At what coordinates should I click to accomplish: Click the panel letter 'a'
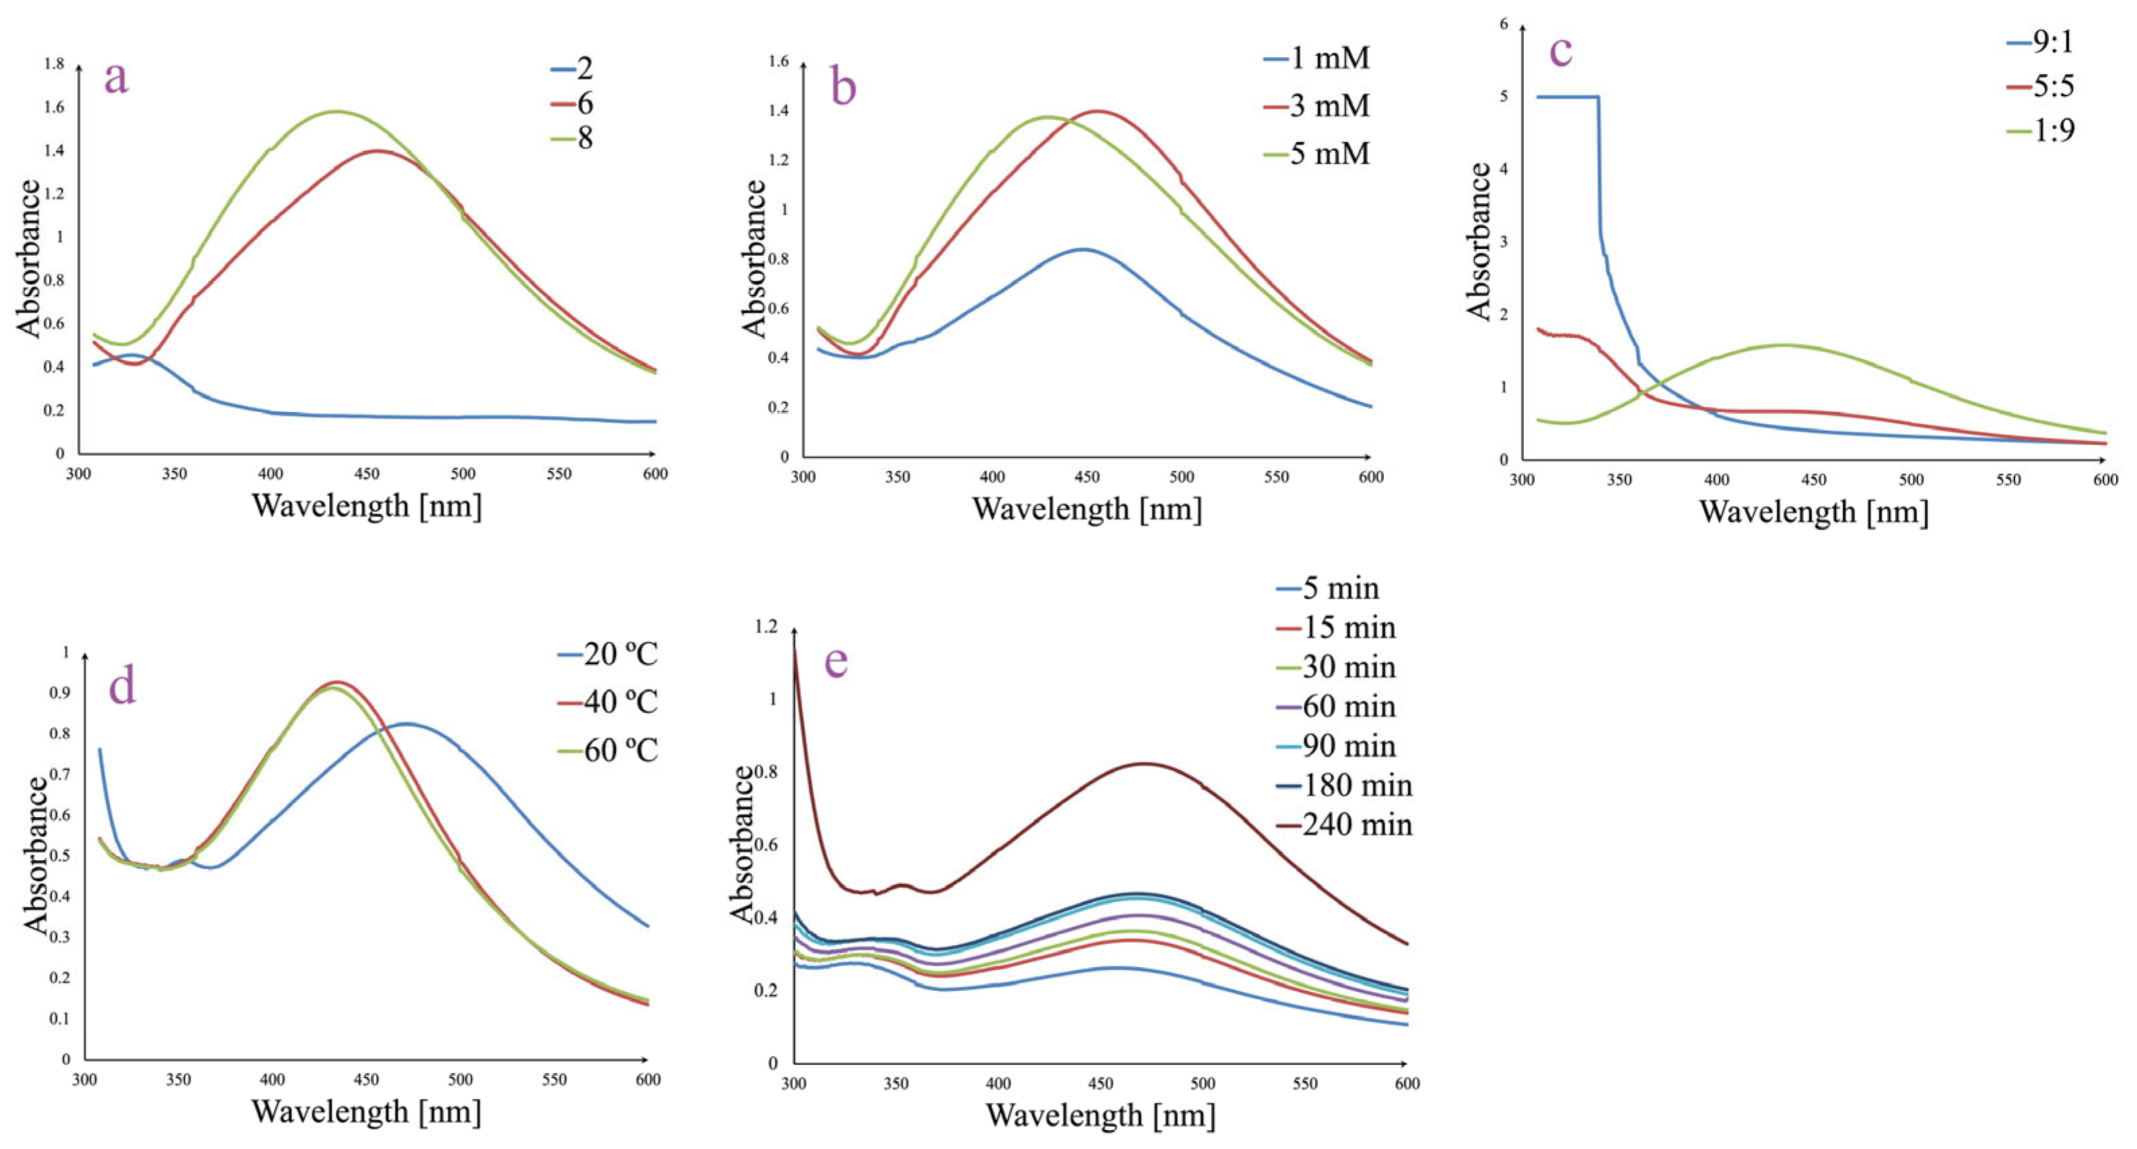point(116,79)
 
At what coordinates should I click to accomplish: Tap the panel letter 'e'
point(836,661)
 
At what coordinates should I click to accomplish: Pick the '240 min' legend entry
point(1356,825)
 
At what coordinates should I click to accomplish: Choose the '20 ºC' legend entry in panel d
point(620,654)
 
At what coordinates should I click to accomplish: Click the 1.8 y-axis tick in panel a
point(54,64)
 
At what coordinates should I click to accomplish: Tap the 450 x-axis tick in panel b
point(1088,477)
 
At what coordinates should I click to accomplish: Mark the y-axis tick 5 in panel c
point(1504,97)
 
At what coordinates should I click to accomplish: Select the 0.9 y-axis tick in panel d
point(61,693)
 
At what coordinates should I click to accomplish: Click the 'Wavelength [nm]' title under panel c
point(1813,511)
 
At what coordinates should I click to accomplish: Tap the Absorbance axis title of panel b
point(753,259)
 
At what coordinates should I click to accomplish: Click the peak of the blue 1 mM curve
point(1082,249)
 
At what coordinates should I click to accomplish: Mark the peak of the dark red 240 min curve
point(1145,763)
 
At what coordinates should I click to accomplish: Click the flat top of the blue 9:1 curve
point(1568,97)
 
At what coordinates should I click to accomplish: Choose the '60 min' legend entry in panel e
point(1348,707)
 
